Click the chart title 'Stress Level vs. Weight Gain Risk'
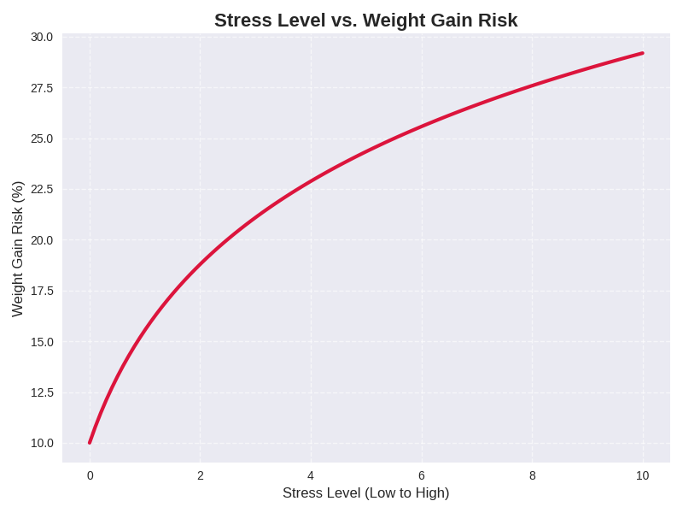tap(365, 20)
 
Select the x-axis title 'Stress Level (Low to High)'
tap(365, 492)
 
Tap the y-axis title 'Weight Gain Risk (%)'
tap(17, 249)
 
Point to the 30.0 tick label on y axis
tap(42, 37)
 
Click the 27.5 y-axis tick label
tap(42, 88)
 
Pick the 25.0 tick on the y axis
tap(42, 139)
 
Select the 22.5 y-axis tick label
tap(42, 189)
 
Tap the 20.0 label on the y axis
tap(42, 240)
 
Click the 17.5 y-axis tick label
tap(42, 291)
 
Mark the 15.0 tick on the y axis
tap(42, 342)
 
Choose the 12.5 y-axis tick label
tap(42, 392)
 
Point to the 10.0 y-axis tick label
tap(42, 443)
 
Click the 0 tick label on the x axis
tap(90, 475)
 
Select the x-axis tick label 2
tap(201, 475)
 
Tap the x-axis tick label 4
tap(311, 475)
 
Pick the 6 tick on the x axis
tap(422, 475)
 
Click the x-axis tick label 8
tap(532, 475)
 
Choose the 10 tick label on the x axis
tap(642, 475)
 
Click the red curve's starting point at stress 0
tap(90, 442)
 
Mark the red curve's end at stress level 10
tap(642, 53)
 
